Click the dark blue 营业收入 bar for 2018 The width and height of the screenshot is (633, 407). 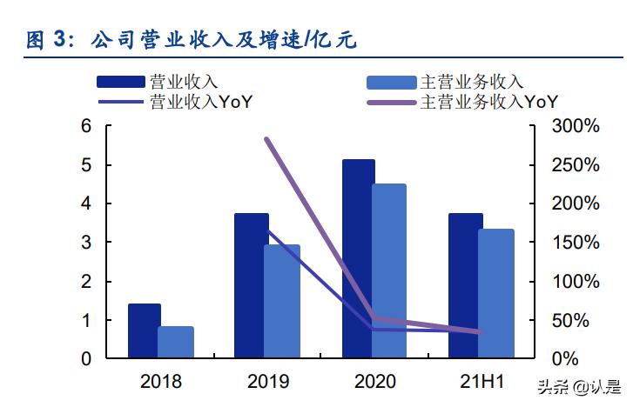(x=144, y=330)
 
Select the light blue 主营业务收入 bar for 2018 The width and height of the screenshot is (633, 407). (x=176, y=342)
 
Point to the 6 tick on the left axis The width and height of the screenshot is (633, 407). (x=86, y=126)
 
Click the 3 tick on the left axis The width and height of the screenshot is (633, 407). (x=86, y=243)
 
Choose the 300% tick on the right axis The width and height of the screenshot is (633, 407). (x=576, y=126)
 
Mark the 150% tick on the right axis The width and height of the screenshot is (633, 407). (x=576, y=243)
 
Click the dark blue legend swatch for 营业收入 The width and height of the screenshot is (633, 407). (x=121, y=83)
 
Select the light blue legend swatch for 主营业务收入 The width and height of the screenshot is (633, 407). (x=391, y=83)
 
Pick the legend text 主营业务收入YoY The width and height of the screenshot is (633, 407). (x=488, y=102)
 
